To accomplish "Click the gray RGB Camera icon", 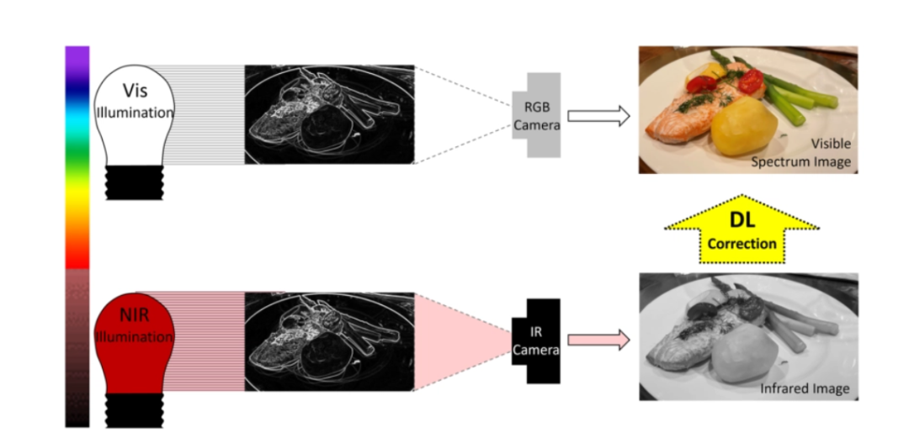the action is point(537,114).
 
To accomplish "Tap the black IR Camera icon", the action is point(536,340).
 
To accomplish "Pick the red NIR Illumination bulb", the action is point(135,342).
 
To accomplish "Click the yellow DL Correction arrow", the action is point(742,230).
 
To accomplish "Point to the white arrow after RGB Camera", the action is point(599,116).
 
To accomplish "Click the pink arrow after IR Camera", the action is point(599,340).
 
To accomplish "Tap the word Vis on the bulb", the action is point(135,91).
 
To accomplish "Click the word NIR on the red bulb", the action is point(135,315).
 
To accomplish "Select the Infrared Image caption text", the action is point(805,388).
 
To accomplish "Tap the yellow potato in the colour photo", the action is point(744,125).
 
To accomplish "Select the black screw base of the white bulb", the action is point(135,182).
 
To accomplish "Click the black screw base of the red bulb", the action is point(135,410).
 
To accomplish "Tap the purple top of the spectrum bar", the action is point(77,58).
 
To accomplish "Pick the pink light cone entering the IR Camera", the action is point(464,340).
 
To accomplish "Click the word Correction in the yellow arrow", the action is point(742,244).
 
